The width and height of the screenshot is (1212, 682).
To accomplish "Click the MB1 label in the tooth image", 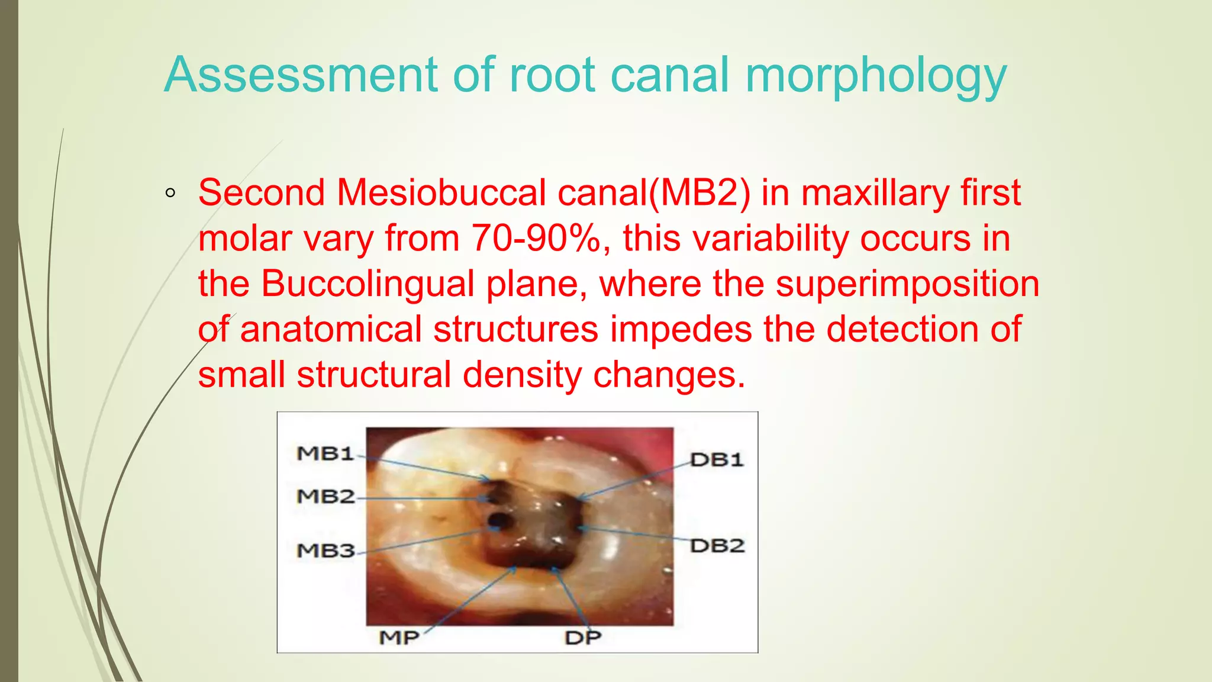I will [325, 453].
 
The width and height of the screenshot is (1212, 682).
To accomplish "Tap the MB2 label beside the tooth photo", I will [325, 496].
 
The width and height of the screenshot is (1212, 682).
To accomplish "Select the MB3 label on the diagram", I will [325, 551].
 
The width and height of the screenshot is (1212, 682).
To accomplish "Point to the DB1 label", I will [717, 460].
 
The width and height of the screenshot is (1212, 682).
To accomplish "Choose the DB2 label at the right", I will [717, 545].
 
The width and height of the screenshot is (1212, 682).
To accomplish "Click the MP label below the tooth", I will [399, 638].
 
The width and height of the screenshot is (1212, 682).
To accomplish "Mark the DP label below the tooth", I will [583, 638].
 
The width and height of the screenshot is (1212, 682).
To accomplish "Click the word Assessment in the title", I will [301, 75].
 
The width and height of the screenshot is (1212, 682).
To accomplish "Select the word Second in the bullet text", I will [262, 192].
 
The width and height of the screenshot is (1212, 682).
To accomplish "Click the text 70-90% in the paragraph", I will [536, 238].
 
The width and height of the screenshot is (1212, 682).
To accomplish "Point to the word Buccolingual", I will [368, 284].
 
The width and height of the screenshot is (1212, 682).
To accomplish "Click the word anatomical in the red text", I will [331, 329].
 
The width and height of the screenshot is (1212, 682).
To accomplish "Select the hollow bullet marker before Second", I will [170, 193].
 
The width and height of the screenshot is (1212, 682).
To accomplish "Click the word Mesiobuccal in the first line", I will [441, 192].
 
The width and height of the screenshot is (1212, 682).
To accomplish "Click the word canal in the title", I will [669, 75].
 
